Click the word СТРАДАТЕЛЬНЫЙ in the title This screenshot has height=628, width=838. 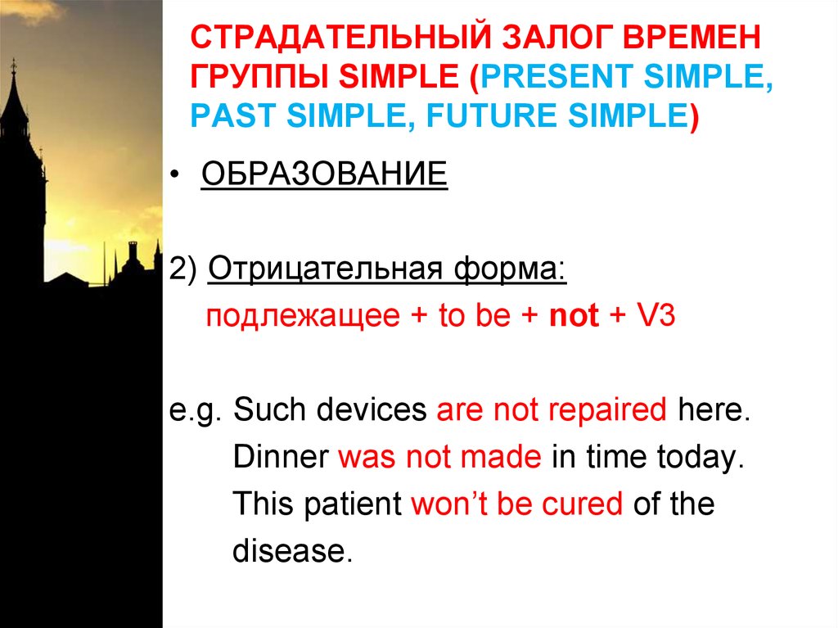click(341, 38)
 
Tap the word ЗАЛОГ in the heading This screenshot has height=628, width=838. click(557, 38)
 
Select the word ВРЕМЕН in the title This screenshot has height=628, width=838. click(692, 38)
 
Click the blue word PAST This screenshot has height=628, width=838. click(233, 115)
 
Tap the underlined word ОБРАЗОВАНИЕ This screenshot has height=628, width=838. click(324, 174)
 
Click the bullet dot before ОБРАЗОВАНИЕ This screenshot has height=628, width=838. click(174, 175)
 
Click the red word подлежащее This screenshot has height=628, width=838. click(303, 315)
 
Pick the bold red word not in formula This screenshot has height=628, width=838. click(574, 315)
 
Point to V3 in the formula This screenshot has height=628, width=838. click(656, 314)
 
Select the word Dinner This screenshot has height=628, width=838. click(282, 457)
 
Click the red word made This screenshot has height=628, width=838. click(501, 457)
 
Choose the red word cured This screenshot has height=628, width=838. click(583, 504)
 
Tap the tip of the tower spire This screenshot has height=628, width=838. click(13, 59)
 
